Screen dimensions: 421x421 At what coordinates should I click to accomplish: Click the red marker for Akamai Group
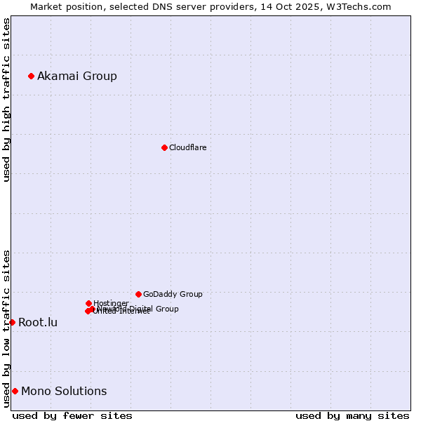click(31, 76)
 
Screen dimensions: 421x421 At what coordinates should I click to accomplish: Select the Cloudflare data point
click(164, 147)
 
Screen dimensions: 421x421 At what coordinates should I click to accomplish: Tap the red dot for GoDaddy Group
click(138, 294)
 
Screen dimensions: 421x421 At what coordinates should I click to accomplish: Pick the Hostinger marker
click(88, 303)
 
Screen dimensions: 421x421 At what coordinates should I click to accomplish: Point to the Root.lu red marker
click(12, 322)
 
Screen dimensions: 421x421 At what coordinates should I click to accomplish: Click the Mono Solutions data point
click(15, 391)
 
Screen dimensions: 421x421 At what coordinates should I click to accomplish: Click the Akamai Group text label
click(77, 76)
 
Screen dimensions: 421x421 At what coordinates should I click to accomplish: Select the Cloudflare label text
click(188, 147)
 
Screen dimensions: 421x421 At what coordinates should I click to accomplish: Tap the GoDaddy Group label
click(173, 294)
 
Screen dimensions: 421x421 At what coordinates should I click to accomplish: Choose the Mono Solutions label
click(64, 391)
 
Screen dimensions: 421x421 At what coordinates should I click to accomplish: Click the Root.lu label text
click(38, 322)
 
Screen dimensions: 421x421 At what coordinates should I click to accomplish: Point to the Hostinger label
click(111, 303)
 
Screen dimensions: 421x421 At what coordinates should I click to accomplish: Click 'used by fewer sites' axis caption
click(72, 415)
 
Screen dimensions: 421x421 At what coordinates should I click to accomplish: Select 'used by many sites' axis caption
click(352, 415)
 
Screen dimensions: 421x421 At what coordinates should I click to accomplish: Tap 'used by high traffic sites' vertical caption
click(6, 100)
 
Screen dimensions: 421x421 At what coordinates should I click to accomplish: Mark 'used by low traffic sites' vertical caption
click(6, 328)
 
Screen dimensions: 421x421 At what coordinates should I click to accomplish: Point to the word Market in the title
click(46, 6)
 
